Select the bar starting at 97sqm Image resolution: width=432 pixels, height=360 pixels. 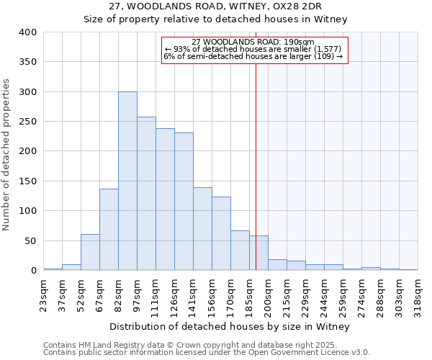point(146,194)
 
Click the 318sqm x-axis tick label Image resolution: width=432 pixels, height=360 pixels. point(418,295)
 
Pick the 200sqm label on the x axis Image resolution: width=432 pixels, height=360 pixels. point(269,295)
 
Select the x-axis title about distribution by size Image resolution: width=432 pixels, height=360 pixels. point(230,327)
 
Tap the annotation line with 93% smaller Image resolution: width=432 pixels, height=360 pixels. point(253,49)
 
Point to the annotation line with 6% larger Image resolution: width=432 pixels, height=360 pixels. point(253,56)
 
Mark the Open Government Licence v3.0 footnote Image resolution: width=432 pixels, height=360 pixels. point(206,353)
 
